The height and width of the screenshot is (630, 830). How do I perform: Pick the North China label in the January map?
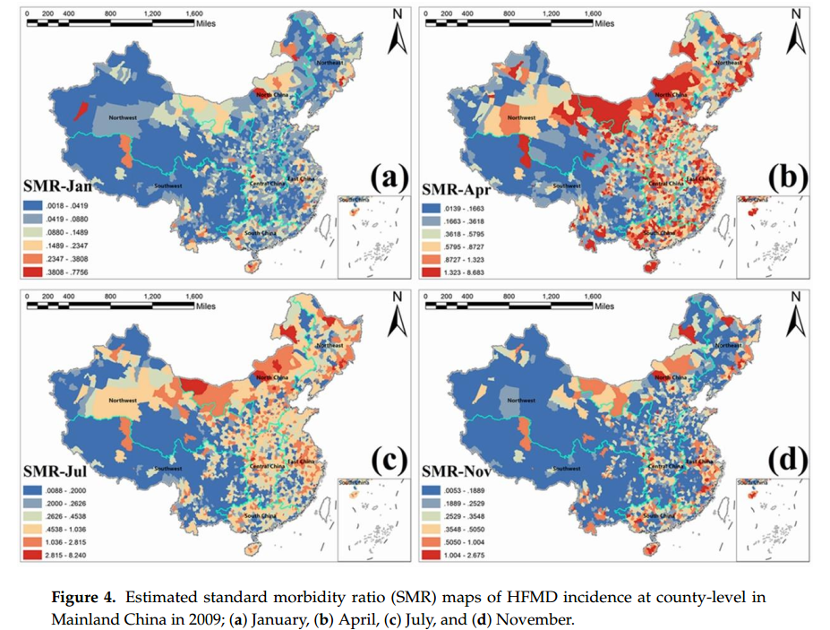(271, 94)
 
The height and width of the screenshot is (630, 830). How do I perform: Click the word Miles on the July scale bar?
(206, 306)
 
